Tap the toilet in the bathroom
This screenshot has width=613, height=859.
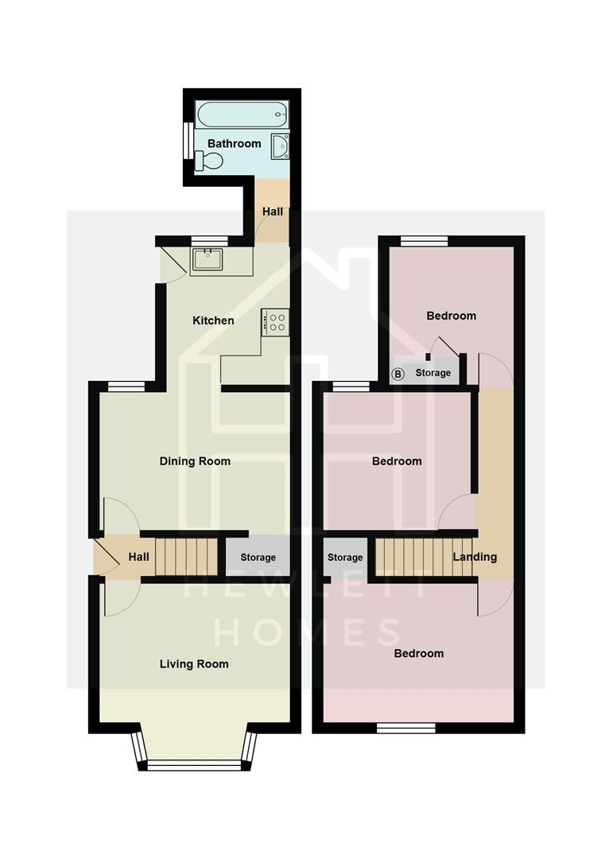(211, 161)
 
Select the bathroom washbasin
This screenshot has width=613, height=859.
(280, 146)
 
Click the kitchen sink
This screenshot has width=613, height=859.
(208, 259)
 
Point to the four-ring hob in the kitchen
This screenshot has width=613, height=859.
(277, 321)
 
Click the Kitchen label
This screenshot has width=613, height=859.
(213, 321)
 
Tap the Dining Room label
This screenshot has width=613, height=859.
(195, 461)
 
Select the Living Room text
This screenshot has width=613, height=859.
(193, 664)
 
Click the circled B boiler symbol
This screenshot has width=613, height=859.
(398, 373)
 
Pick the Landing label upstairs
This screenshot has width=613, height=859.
(475, 557)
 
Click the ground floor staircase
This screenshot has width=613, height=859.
(186, 555)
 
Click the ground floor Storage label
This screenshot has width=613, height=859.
(258, 558)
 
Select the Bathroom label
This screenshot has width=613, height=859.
(234, 144)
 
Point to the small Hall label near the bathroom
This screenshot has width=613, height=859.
(273, 212)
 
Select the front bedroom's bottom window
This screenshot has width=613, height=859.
(405, 727)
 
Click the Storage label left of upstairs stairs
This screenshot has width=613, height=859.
(345, 558)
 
